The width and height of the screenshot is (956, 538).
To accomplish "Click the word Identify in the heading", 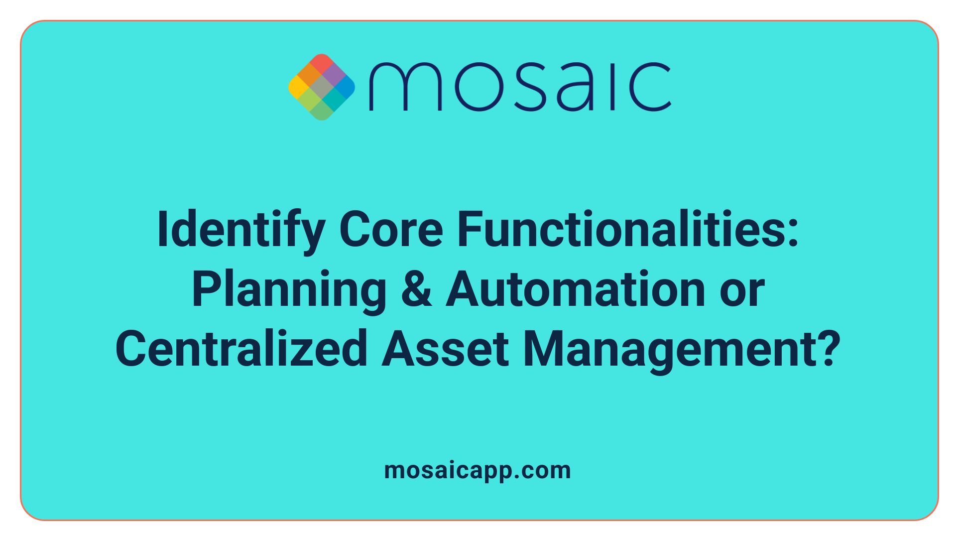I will (x=240, y=230).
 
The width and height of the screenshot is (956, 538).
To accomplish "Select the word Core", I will (x=391, y=230).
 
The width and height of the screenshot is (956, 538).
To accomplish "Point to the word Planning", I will (x=289, y=290).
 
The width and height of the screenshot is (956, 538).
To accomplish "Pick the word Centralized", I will (x=241, y=349).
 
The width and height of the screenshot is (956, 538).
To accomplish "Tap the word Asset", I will (x=446, y=349).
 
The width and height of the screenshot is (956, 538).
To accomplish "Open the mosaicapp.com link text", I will (x=478, y=470).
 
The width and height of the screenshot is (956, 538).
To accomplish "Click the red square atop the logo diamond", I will (x=322, y=63).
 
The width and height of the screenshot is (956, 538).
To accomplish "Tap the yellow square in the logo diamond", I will (x=298, y=87).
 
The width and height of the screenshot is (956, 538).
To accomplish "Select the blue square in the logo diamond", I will (x=345, y=87).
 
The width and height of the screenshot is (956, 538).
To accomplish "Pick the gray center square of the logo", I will (x=322, y=87).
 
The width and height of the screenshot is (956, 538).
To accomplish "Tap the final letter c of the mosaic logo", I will (x=650, y=87).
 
